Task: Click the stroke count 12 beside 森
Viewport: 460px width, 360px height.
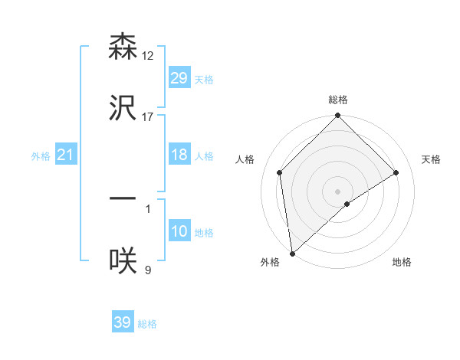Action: point(148,56)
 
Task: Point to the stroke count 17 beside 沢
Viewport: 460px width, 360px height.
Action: point(148,116)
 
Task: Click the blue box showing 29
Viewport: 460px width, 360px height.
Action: point(179,78)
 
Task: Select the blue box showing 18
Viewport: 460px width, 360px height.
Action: point(179,155)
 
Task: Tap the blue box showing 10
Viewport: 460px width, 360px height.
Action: point(179,231)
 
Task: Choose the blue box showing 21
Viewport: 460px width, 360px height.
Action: point(66,155)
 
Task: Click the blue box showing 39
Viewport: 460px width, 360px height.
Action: point(123,322)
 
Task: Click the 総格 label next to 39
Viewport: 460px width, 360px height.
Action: point(148,324)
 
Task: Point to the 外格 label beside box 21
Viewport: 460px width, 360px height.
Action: point(41,156)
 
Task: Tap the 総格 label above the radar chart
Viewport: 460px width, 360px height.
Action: point(338,100)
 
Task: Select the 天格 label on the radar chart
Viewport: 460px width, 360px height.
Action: point(431,159)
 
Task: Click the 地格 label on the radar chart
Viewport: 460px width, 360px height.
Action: point(402,262)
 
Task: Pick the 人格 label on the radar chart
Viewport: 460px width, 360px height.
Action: point(245,159)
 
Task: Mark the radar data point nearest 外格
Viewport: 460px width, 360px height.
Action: point(292,254)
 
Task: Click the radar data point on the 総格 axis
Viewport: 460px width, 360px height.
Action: point(338,116)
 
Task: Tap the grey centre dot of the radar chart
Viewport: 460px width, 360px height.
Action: point(338,191)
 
